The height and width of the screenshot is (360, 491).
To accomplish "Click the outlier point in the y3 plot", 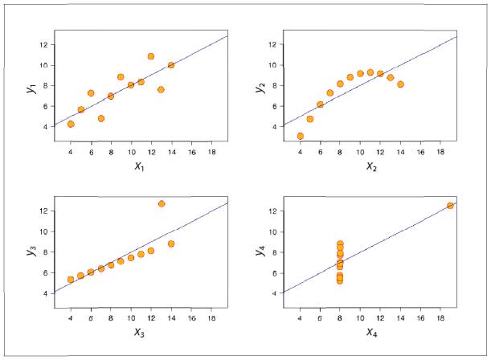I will tap(162, 204).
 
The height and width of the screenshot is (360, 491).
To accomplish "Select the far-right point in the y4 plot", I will tap(450, 206).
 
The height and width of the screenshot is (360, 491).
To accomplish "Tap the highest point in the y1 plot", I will tap(151, 56).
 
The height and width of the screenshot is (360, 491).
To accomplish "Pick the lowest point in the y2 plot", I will tap(301, 136).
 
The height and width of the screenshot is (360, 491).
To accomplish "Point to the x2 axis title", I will tap(371, 167).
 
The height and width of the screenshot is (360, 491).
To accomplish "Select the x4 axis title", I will tap(371, 332).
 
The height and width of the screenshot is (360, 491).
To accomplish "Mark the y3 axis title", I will tap(31, 251).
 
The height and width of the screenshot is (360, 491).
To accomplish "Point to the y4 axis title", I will tap(260, 251).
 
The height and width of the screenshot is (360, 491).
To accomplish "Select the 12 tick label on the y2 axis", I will tap(273, 44).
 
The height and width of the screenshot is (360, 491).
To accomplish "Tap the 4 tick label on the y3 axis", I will tap(47, 293).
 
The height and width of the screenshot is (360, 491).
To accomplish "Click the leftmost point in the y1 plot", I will tap(71, 124).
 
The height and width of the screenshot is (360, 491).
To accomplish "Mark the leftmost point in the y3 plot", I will tap(71, 280).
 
